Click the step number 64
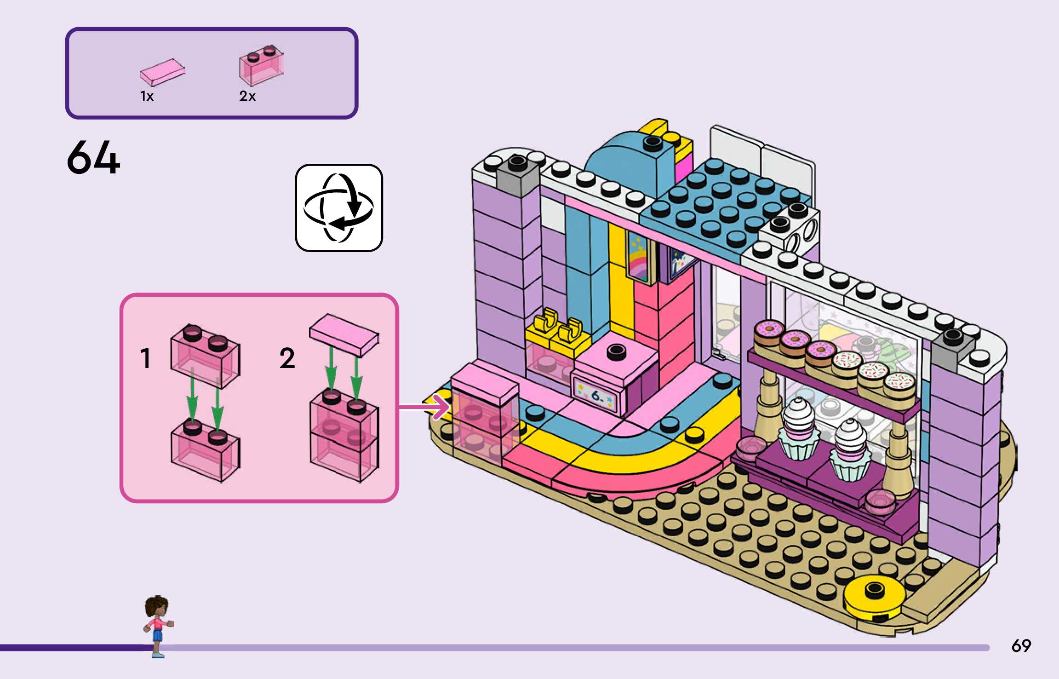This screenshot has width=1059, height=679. [93, 158]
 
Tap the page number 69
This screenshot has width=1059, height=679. [1021, 646]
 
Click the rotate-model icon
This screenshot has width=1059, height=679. [339, 208]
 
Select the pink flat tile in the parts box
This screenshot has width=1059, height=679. [162, 72]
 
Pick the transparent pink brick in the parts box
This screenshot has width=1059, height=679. [261, 66]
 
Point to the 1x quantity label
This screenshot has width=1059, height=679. [147, 96]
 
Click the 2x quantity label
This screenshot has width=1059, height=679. [247, 96]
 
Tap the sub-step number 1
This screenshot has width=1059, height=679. [145, 358]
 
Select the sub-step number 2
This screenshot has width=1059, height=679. [287, 358]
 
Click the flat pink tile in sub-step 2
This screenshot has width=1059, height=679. [344, 334]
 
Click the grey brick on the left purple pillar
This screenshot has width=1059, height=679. [517, 176]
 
